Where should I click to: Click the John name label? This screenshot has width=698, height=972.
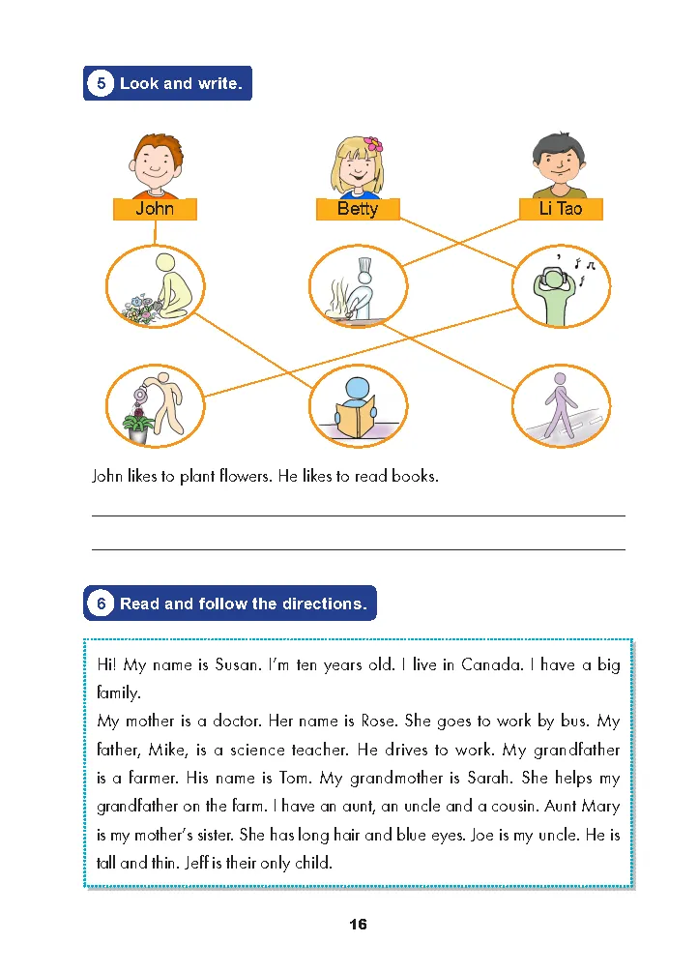point(155,209)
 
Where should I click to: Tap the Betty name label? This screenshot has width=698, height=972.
point(358,209)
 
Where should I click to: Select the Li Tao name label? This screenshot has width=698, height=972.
point(561,209)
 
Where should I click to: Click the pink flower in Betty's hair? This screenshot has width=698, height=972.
point(372,144)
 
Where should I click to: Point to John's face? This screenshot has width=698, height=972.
point(157,163)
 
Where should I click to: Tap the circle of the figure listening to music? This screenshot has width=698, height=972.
point(561,285)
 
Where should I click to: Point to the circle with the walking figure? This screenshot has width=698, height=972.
point(561,406)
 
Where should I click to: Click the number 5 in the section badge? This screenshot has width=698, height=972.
point(101,83)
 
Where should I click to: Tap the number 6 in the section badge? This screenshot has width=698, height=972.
point(101,604)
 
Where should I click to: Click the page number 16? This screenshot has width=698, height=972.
point(358,925)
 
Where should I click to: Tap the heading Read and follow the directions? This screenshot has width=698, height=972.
point(243,604)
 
